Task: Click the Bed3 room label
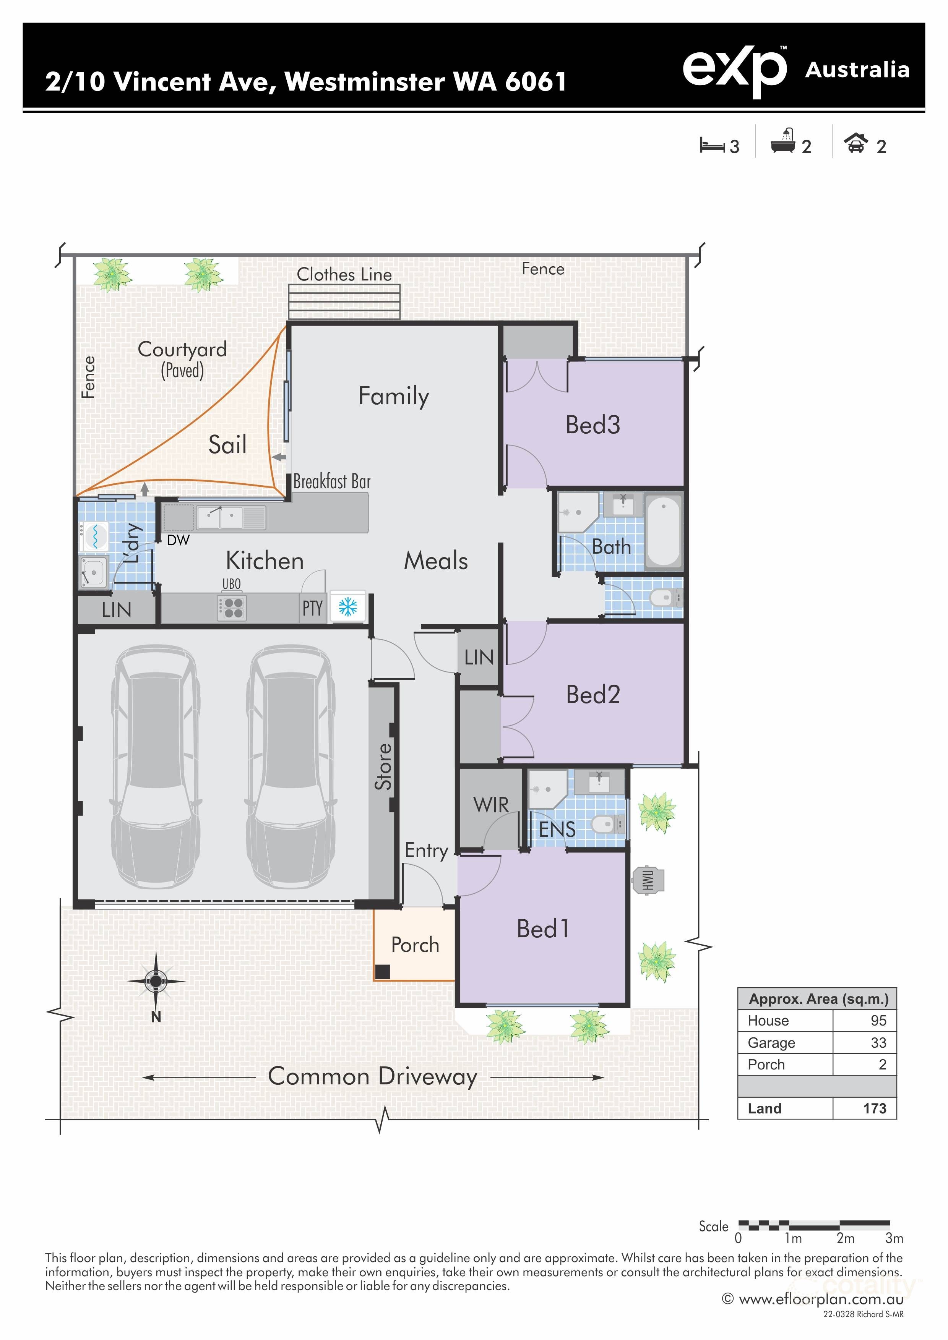(x=592, y=425)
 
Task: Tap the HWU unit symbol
(x=648, y=880)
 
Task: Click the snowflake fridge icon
(x=348, y=607)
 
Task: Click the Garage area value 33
(x=878, y=1042)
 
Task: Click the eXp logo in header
(x=734, y=70)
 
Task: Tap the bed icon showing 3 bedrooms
(x=712, y=145)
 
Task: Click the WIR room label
(x=491, y=805)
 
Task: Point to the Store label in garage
(x=383, y=766)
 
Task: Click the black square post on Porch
(x=382, y=972)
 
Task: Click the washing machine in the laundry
(x=93, y=535)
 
